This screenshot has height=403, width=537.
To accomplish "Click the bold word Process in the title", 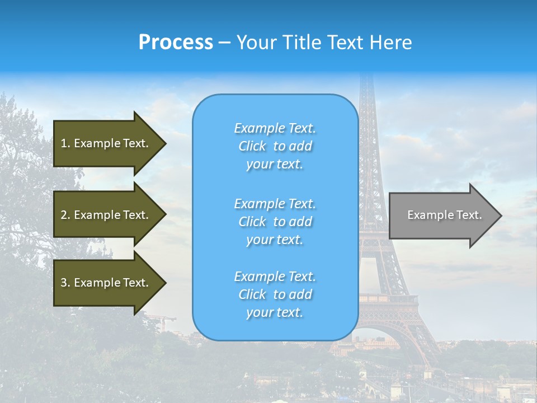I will [x=176, y=42].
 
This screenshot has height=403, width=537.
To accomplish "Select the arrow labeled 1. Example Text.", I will [x=106, y=143].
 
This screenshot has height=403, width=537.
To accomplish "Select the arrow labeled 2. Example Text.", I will [x=106, y=215].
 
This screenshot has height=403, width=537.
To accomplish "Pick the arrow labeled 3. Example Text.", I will [x=106, y=283].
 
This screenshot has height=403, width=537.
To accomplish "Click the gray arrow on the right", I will [x=442, y=215].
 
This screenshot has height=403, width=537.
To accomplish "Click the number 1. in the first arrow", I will [x=65, y=143].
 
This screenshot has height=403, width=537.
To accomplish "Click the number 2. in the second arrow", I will [x=65, y=215].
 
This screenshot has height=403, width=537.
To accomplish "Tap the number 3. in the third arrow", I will [x=65, y=283].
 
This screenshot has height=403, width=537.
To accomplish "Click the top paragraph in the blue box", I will [x=275, y=146].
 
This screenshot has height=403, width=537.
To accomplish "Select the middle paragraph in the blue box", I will [x=275, y=222].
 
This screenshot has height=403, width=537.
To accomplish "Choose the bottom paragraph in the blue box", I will [x=275, y=294].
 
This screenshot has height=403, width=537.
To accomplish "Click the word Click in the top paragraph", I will [x=252, y=146].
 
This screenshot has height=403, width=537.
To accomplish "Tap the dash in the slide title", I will [x=224, y=43].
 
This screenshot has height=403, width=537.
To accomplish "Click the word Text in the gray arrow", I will [x=469, y=215].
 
